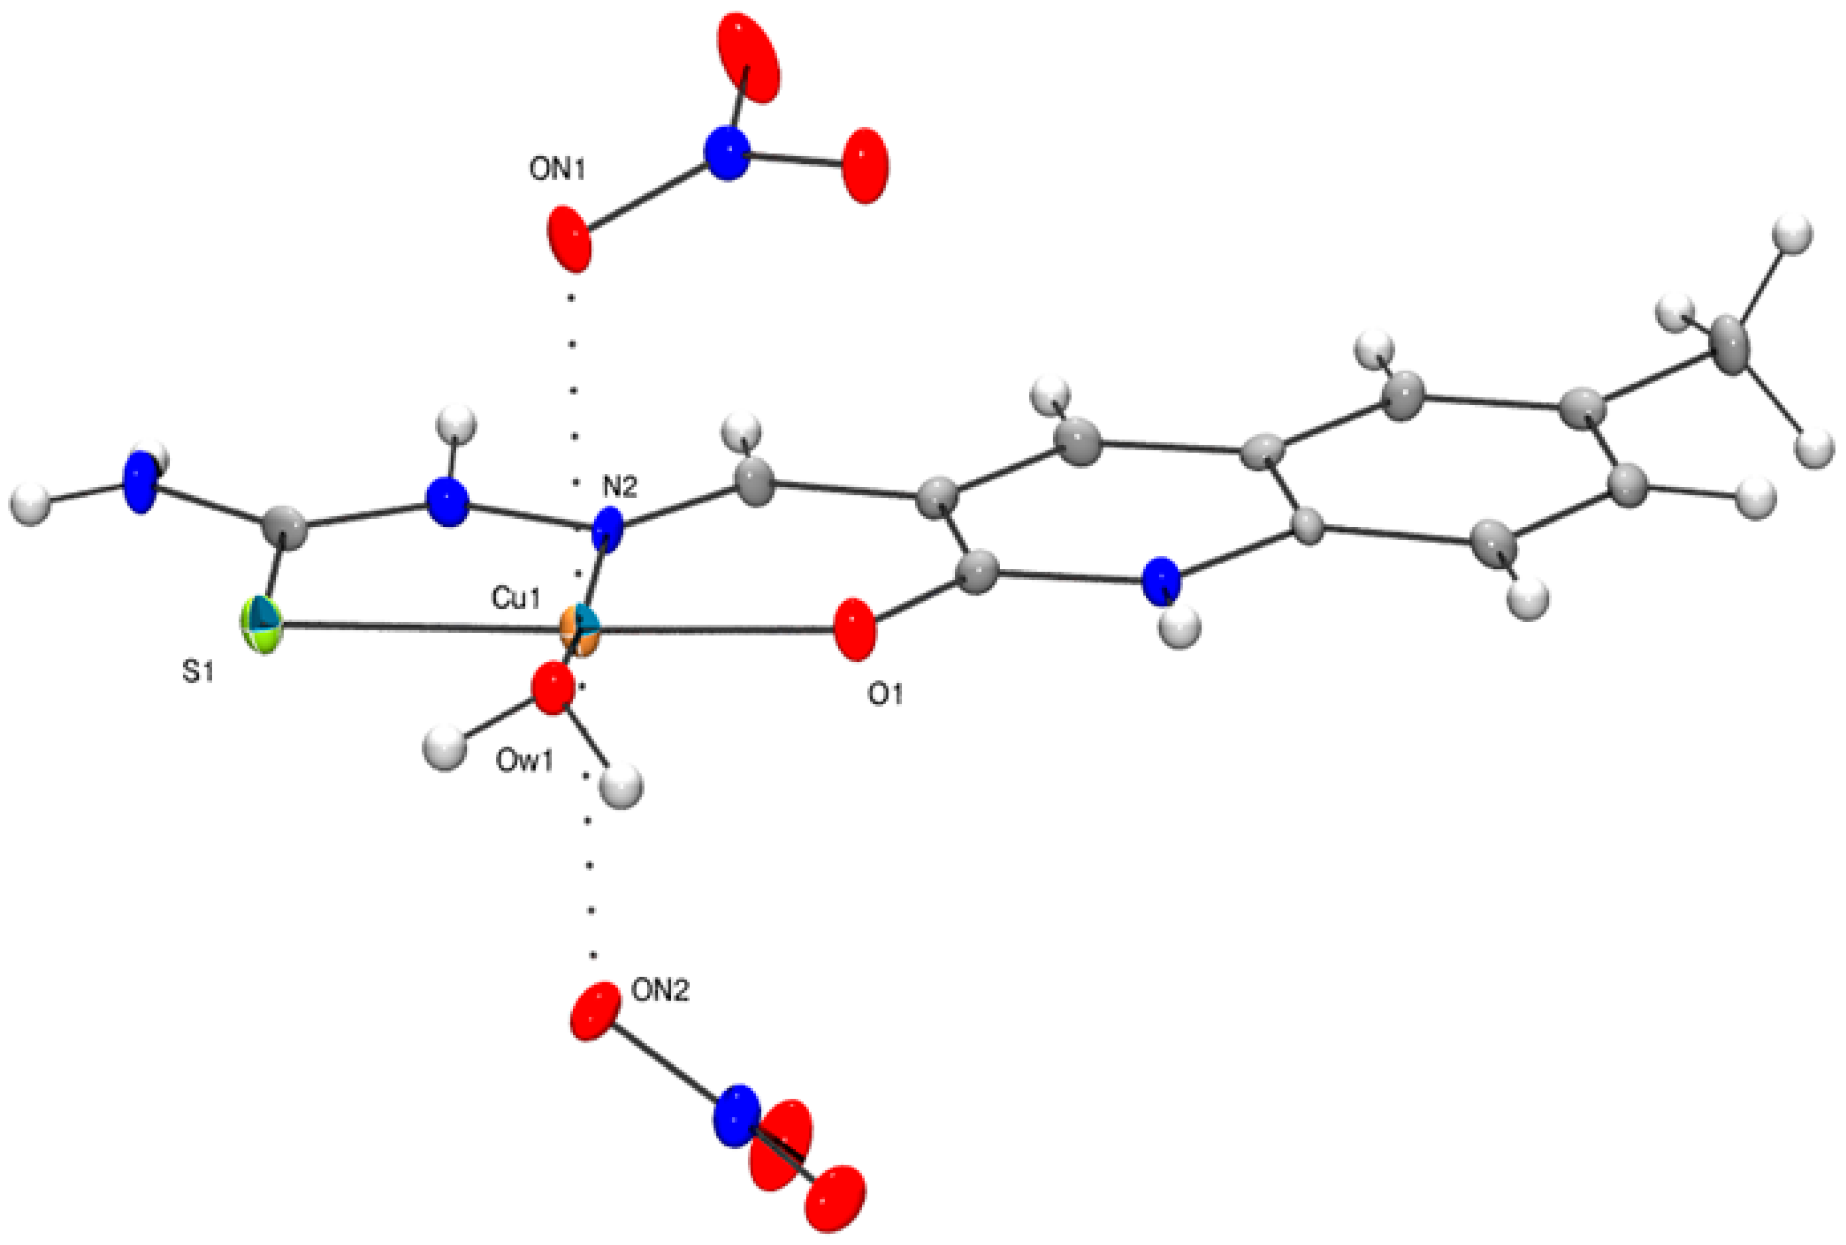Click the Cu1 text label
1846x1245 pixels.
[515, 599]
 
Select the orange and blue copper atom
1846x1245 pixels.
[578, 631]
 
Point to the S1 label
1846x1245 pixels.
[199, 674]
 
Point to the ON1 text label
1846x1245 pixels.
[558, 170]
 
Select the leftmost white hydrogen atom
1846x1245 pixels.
[30, 503]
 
